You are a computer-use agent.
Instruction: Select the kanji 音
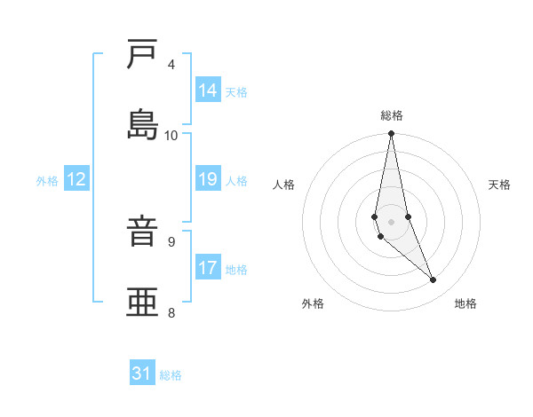pyautogui.click(x=143, y=231)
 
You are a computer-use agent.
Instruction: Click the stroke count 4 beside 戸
pyautogui.click(x=171, y=64)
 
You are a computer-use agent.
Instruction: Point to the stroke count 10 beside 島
pyautogui.click(x=171, y=135)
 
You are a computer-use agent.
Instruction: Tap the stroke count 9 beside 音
pyautogui.click(x=171, y=240)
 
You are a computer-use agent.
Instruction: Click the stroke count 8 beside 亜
pyautogui.click(x=171, y=311)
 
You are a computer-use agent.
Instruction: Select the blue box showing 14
pyautogui.click(x=208, y=90)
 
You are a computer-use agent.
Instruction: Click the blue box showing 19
pyautogui.click(x=208, y=179)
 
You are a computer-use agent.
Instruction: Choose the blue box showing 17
pyautogui.click(x=208, y=268)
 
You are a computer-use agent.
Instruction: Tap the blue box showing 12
pyautogui.click(x=76, y=179)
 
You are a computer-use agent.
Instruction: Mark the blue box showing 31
pyautogui.click(x=142, y=374)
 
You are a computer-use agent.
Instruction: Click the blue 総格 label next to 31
pyautogui.click(x=171, y=375)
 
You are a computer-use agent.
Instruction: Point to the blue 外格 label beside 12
pyautogui.click(x=47, y=181)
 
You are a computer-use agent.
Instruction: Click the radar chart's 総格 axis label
pyautogui.click(x=392, y=115)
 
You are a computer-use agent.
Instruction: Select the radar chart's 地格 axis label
pyautogui.click(x=465, y=304)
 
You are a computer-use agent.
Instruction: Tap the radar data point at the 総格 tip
pyautogui.click(x=392, y=134)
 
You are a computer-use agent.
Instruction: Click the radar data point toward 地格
pyautogui.click(x=434, y=280)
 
